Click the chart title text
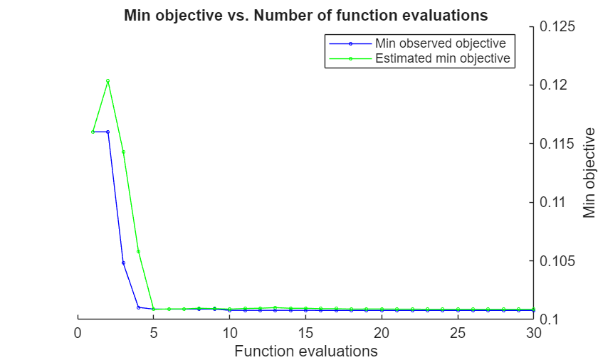coord(305,14)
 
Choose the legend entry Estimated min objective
coord(442,58)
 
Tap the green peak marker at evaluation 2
coord(108,81)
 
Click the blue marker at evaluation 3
coord(123,263)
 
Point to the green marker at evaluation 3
coord(123,152)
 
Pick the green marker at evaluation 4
coord(138,251)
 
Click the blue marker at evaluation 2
coord(108,132)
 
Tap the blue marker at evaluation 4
coord(138,307)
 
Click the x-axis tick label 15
coord(305,333)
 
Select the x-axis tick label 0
coord(78,333)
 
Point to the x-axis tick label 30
coord(533,333)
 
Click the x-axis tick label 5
coord(154,333)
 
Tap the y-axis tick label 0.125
coord(557,27)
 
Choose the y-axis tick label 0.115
coord(557,144)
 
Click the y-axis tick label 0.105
coord(557,261)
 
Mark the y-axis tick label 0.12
coord(554,85)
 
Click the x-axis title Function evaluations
coord(305,351)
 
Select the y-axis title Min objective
coord(589,173)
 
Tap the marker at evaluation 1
coord(93,132)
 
